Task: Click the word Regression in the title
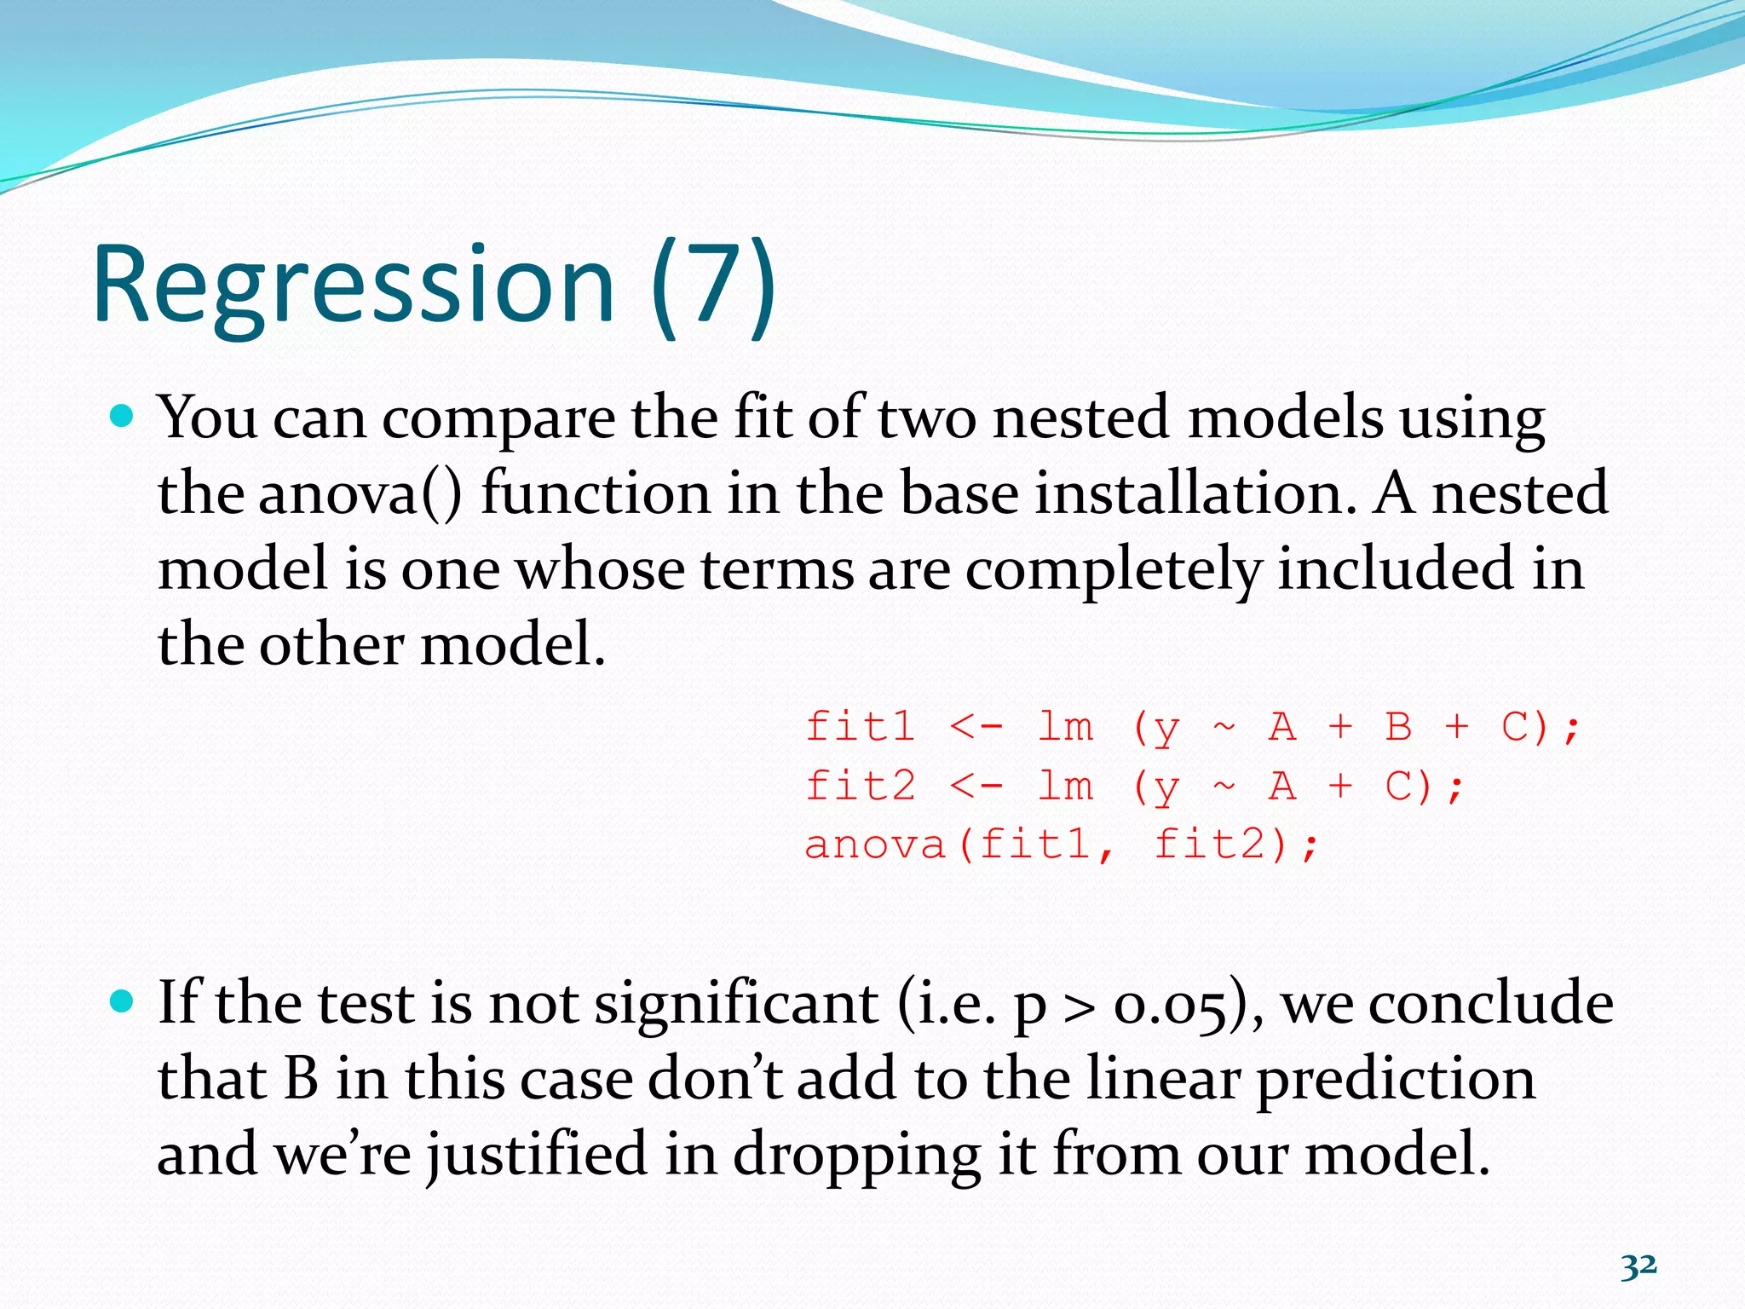353,285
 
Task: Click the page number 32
1638,1266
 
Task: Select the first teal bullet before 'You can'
123,417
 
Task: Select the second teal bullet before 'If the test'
123,1001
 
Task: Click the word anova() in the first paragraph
360,494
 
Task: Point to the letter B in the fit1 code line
1398,727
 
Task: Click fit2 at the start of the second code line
861,785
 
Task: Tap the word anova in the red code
875,845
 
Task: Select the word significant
736,1004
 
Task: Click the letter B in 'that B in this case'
301,1079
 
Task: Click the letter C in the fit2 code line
1398,785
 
